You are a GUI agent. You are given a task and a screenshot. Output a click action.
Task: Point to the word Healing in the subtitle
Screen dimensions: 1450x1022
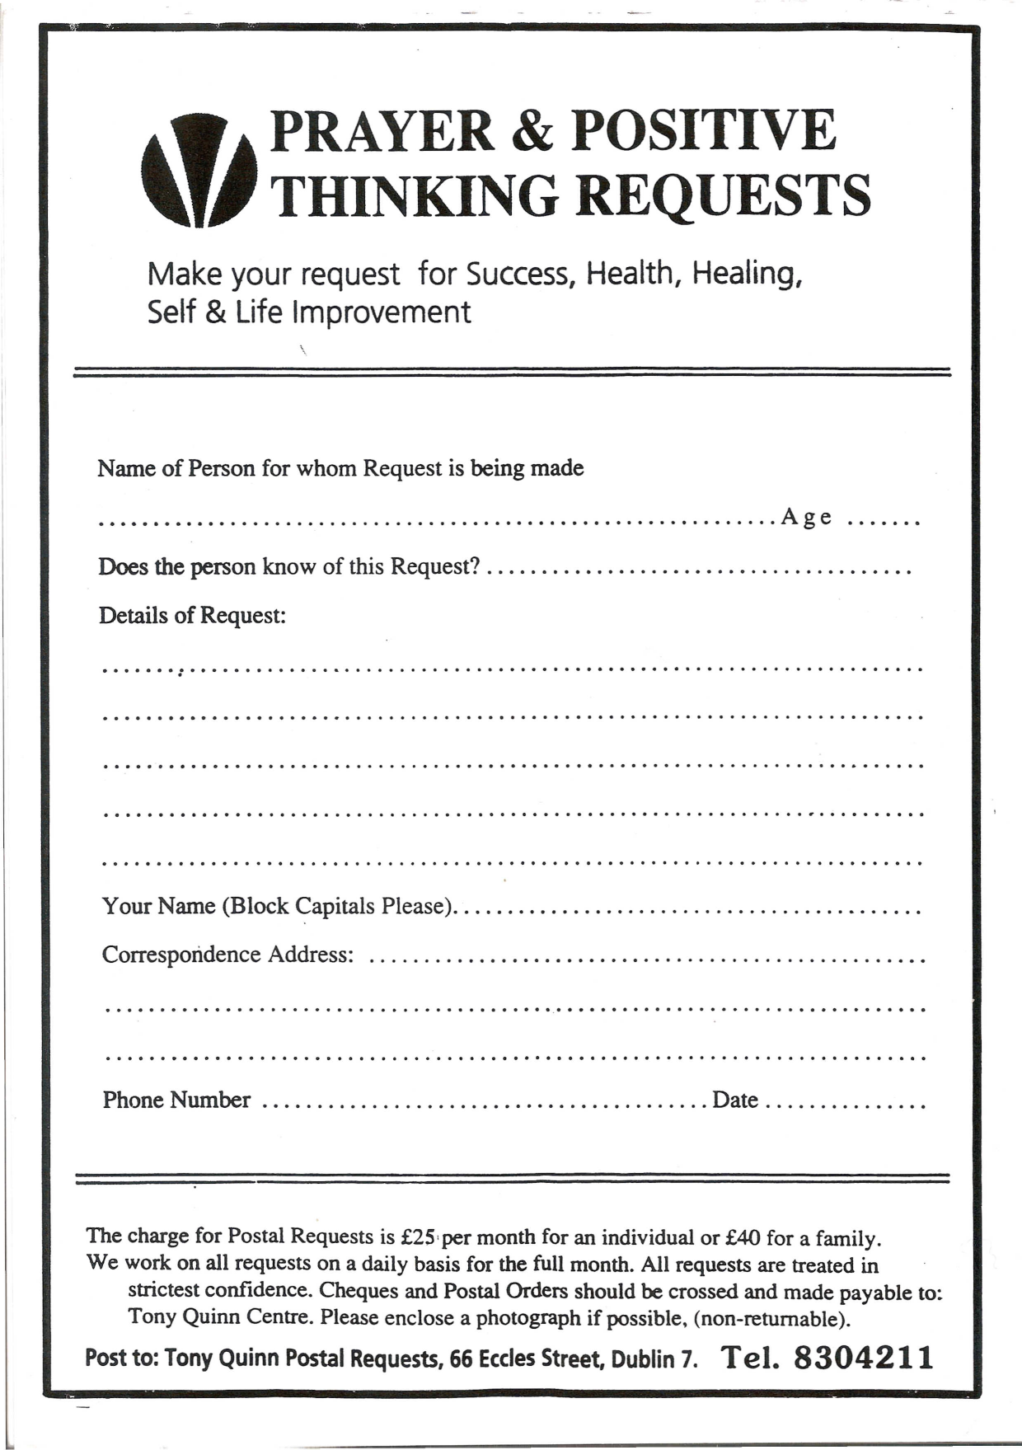pos(746,273)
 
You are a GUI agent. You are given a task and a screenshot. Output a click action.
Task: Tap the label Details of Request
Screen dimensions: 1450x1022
pos(192,616)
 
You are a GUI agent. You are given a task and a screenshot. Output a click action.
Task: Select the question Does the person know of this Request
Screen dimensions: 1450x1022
pos(288,567)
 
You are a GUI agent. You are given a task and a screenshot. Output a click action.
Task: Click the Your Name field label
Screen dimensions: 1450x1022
pos(278,907)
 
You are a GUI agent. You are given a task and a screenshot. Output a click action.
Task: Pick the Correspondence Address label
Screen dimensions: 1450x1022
pos(227,955)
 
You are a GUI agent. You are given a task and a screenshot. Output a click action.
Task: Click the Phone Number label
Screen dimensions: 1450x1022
pos(176,1100)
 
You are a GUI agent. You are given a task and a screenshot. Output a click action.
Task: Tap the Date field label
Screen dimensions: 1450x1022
pos(734,1100)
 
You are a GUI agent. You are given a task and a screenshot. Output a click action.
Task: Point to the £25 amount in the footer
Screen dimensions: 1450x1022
pos(418,1236)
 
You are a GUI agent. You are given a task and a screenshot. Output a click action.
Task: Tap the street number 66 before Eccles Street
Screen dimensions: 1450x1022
pos(461,1358)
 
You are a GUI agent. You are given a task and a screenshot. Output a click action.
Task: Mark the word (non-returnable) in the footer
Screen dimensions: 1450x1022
pos(771,1319)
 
